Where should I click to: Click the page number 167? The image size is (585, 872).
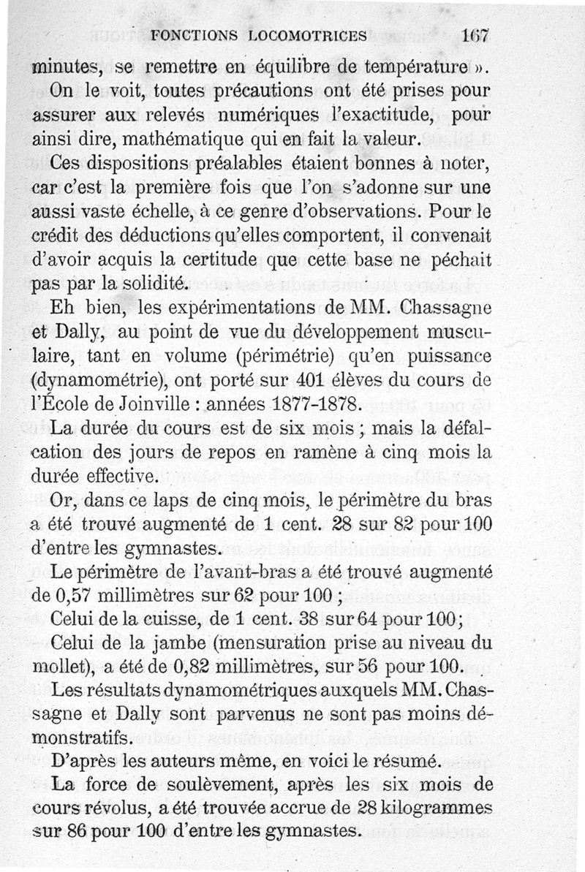(475, 37)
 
